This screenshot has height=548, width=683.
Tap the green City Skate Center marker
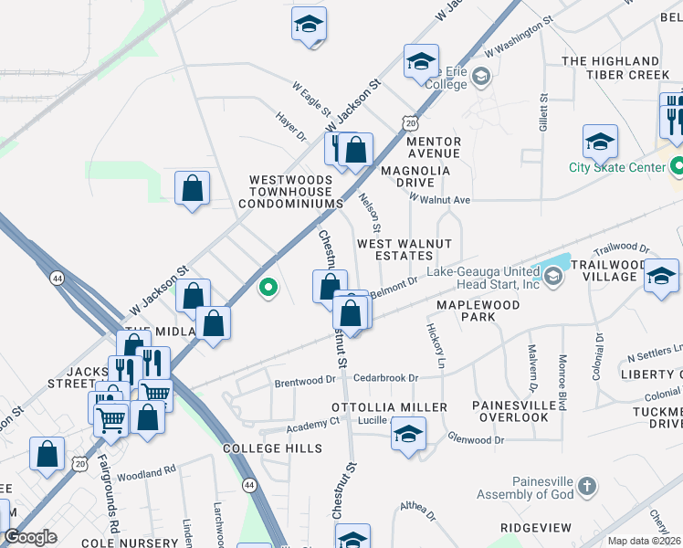(677, 167)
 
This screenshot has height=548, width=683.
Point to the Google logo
(30, 537)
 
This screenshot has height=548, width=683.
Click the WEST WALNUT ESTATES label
(405, 250)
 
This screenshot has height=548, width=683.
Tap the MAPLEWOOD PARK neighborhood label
(478, 311)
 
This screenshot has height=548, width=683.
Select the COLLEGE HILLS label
(272, 448)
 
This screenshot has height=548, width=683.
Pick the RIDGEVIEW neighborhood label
(535, 528)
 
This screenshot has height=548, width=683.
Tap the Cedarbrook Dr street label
(386, 377)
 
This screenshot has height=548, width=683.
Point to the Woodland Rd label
(146, 473)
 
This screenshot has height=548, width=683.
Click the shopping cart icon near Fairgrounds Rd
(111, 421)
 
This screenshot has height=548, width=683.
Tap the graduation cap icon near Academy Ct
(409, 433)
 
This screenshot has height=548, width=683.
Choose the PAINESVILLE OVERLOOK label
(510, 411)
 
